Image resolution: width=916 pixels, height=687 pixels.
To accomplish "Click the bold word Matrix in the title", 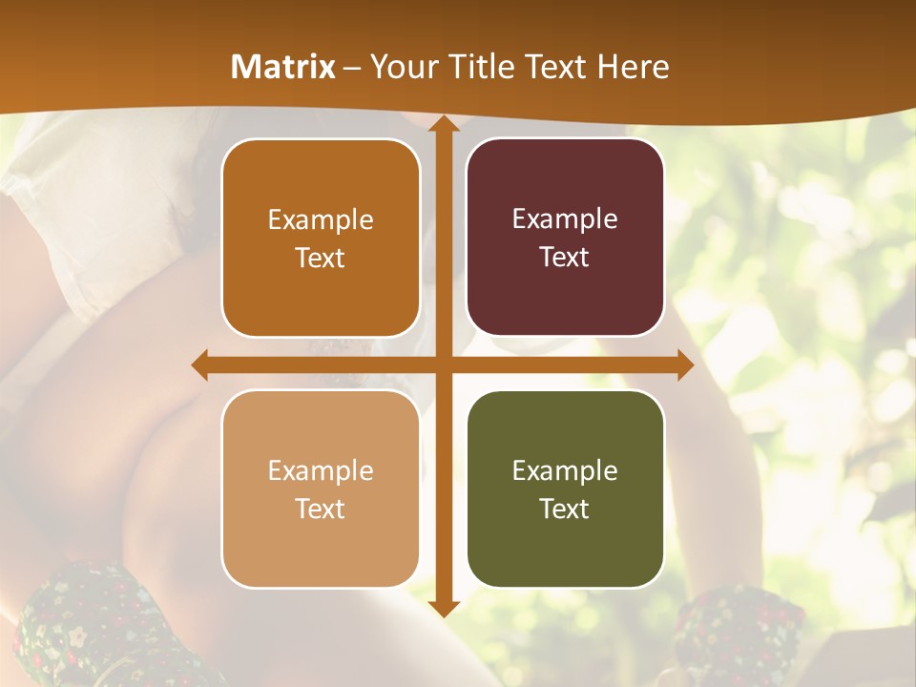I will pyautogui.click(x=283, y=67).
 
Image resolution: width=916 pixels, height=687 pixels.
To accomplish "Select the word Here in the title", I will pyautogui.click(x=634, y=67).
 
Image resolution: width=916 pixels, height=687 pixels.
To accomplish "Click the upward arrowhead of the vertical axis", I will pyautogui.click(x=443, y=124).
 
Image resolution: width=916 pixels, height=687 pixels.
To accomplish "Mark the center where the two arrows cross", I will pyautogui.click(x=443, y=365).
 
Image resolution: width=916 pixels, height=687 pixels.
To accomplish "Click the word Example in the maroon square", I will pyautogui.click(x=565, y=219).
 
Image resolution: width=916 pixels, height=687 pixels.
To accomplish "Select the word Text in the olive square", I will pyautogui.click(x=565, y=509).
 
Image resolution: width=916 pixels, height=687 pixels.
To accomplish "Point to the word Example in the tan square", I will pyautogui.click(x=321, y=470).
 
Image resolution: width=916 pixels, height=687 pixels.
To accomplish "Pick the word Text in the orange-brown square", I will pyautogui.click(x=321, y=258).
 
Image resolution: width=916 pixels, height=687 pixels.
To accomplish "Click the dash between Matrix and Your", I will pyautogui.click(x=352, y=68).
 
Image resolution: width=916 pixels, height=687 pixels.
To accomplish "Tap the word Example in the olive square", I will pyautogui.click(x=565, y=470).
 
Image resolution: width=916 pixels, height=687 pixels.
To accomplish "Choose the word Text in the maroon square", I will pyautogui.click(x=565, y=258).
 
